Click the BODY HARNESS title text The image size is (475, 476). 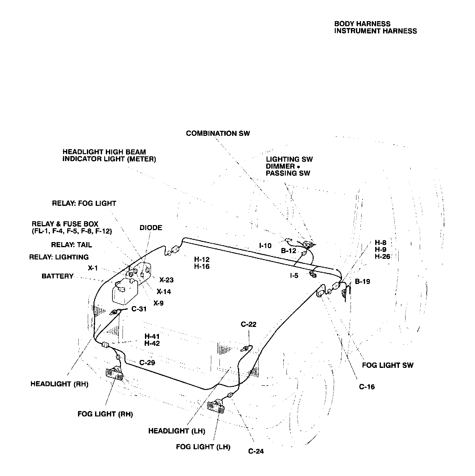[x=362, y=24]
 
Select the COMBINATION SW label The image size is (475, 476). [x=218, y=133]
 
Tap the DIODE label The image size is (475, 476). [x=151, y=228]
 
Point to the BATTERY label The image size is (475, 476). [x=57, y=276]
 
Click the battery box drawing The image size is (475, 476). [x=125, y=292]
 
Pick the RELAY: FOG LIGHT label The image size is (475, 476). [x=84, y=203]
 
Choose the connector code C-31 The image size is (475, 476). [x=139, y=309]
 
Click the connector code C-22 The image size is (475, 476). [x=249, y=324]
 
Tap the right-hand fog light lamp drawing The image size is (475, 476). [x=114, y=375]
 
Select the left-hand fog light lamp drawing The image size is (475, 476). [x=216, y=407]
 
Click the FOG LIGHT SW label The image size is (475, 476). [x=388, y=365]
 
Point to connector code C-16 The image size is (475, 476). [x=367, y=387]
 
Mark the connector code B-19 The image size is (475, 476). [x=363, y=282]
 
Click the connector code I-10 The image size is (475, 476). [x=265, y=246]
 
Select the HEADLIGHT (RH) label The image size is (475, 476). [x=59, y=384]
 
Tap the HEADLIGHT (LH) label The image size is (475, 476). [x=177, y=431]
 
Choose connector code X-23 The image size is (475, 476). [x=166, y=280]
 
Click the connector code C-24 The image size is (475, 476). [x=256, y=451]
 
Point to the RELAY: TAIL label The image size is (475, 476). [x=72, y=245]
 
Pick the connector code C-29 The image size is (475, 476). [x=147, y=363]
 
